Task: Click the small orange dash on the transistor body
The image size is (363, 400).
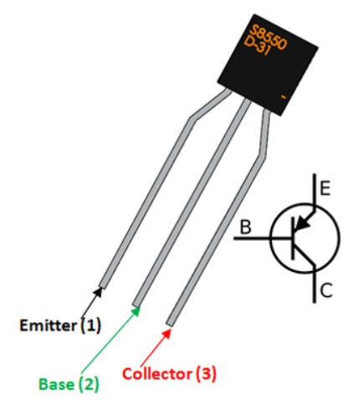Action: [x=284, y=99]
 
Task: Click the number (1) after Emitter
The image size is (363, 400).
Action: [x=89, y=325]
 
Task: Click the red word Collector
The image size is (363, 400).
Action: [x=155, y=373]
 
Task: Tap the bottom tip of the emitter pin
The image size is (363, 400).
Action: [x=101, y=286]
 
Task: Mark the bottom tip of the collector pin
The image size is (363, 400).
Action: [x=170, y=324]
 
